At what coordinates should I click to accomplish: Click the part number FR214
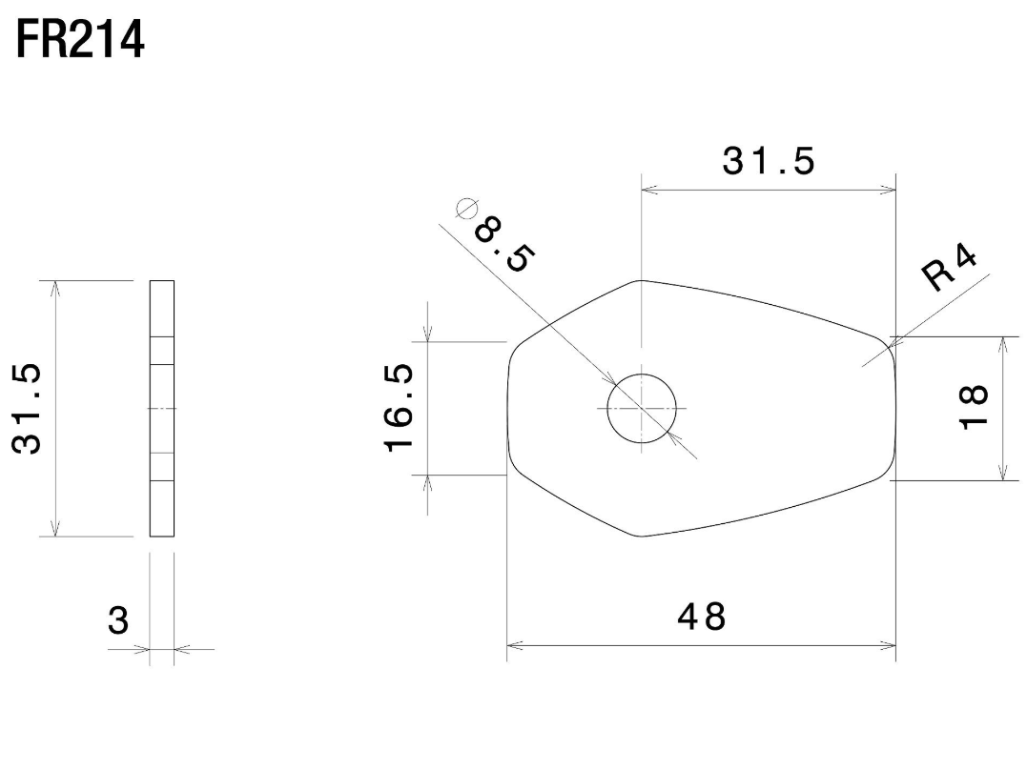point(80,39)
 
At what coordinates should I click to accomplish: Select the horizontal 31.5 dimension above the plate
point(769,161)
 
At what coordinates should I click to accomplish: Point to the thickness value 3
point(117,621)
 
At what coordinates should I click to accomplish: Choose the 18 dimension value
point(974,408)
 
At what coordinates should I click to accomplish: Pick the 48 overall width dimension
point(701,618)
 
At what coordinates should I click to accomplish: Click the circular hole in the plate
point(642,409)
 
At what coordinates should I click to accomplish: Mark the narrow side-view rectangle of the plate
point(162,409)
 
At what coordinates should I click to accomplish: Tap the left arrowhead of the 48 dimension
point(513,646)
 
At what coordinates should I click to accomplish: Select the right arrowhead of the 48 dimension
point(890,646)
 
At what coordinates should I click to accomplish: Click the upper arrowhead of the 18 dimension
point(1002,343)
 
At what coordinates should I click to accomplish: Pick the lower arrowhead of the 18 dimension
point(1002,474)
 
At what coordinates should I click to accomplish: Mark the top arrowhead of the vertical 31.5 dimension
point(56,288)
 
